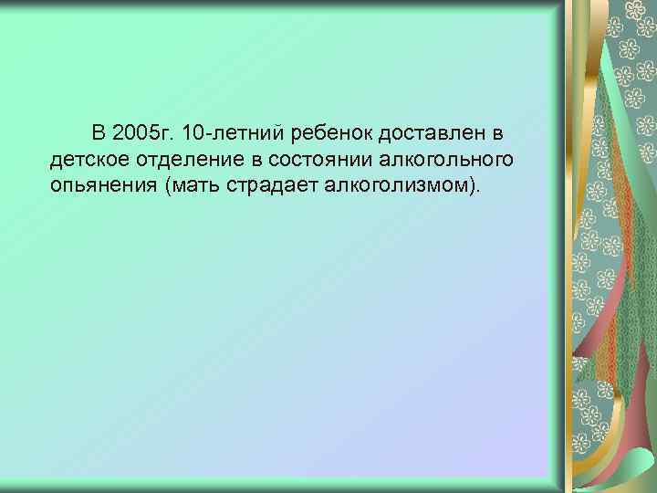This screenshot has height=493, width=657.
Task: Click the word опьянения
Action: [x=101, y=185]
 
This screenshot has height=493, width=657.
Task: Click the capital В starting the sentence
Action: [x=99, y=136]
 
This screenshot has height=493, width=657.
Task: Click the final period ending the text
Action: [x=474, y=191]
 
